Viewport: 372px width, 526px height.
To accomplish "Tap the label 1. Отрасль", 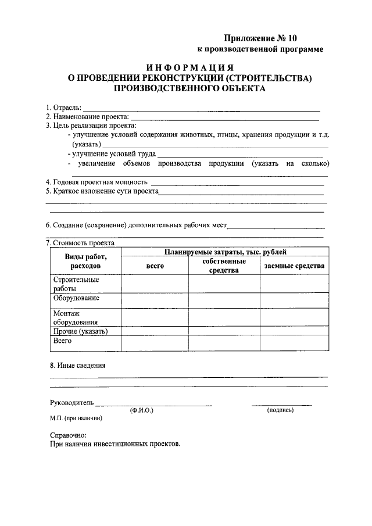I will [x=63, y=108].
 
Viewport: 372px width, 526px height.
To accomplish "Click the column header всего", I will [x=155, y=266].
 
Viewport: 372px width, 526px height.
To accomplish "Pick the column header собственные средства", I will [x=224, y=266].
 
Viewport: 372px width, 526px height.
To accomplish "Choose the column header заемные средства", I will [x=294, y=266].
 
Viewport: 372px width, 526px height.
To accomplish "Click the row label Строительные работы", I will [x=68, y=284].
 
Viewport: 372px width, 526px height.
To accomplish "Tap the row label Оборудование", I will [x=76, y=298].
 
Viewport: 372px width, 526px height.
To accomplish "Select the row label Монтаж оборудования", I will [x=75, y=317].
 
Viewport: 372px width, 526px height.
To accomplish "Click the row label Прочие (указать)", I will [x=80, y=331].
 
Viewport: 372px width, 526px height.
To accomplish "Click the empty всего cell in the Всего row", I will [x=155, y=343].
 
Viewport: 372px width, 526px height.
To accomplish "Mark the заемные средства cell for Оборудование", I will [x=294, y=300].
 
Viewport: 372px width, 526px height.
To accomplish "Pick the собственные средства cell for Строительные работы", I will [x=224, y=284].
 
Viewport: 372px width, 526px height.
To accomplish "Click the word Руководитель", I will [x=71, y=402].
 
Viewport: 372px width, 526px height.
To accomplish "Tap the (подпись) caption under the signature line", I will [x=280, y=410].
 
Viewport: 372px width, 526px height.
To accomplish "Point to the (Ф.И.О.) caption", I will [x=142, y=410].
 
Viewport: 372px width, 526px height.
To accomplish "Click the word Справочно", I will [x=68, y=435].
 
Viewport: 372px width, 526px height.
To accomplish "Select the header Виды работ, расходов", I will [x=85, y=261].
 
